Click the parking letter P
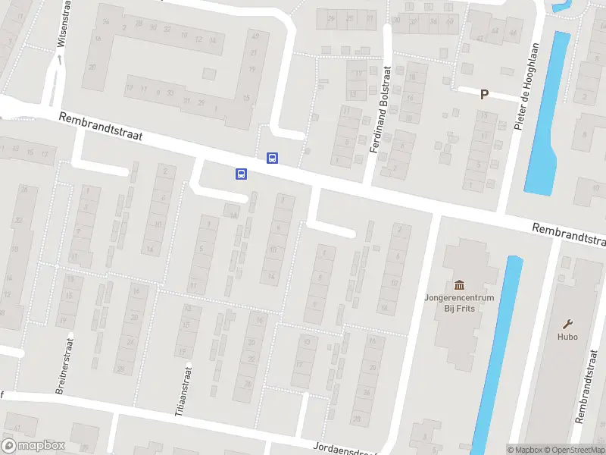tap(484, 95)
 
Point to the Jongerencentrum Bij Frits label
tap(459, 303)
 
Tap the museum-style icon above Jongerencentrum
tap(459, 285)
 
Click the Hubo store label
tap(567, 337)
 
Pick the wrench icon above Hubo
tap(567, 323)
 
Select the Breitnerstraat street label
tap(63, 366)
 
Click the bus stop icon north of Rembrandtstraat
tap(271, 158)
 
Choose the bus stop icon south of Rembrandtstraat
tap(241, 174)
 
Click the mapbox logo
tap(33, 446)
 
